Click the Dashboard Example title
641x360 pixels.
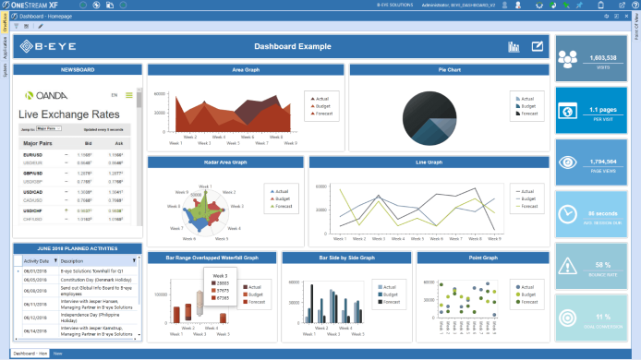point(292,46)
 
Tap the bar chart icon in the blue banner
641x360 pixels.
point(514,47)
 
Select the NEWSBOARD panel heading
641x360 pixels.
point(78,69)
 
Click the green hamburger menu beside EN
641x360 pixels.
point(128,94)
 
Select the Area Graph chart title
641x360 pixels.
point(245,69)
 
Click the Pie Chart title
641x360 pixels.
point(449,69)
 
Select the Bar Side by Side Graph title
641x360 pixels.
point(346,258)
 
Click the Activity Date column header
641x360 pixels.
point(37,261)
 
